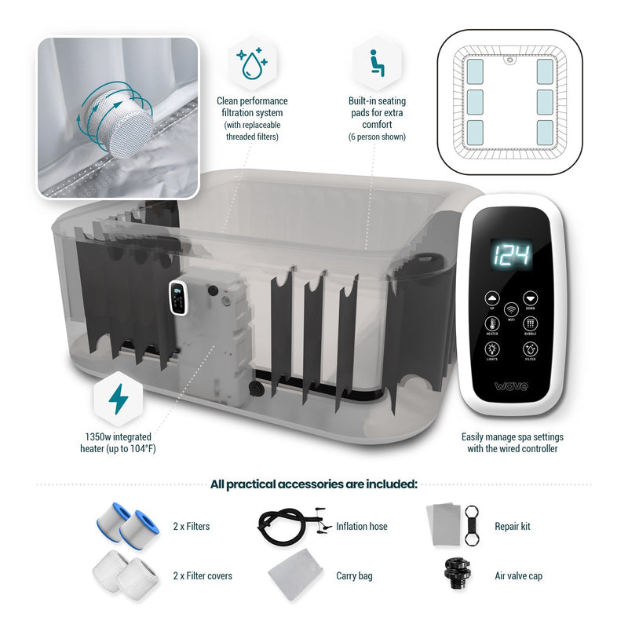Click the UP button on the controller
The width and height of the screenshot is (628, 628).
coord(493,299)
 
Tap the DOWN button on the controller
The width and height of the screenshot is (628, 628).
coord(530,299)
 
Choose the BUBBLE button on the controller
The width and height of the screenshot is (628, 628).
coord(530,323)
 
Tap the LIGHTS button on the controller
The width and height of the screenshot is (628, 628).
coord(493,349)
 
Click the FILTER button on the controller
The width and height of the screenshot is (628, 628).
coord(530,349)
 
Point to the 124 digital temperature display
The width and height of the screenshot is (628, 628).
coord(511,254)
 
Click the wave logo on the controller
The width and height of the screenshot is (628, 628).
coord(511,386)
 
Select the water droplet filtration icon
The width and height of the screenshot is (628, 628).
coord(252,64)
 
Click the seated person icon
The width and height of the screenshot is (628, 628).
coord(377,64)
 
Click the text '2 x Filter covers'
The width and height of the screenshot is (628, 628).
coord(203,576)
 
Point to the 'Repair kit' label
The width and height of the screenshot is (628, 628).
coord(512,527)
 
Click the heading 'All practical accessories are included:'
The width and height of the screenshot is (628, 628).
coord(314,484)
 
